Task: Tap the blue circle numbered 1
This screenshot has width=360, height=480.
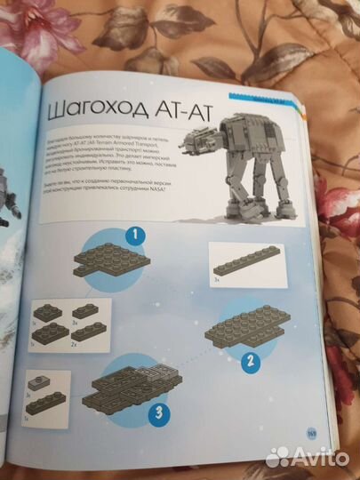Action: click(132, 237)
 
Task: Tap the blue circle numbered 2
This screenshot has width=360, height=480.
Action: click(251, 361)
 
